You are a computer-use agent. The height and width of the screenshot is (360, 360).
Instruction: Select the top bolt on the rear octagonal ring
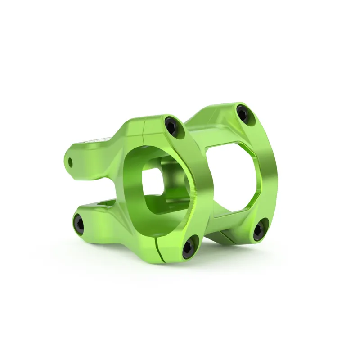pos(243,112)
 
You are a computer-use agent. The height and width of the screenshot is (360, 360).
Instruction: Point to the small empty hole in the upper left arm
pos(71,160)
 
